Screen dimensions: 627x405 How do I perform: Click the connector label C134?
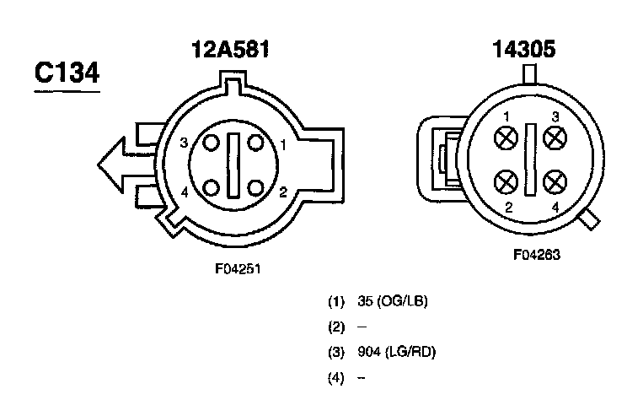pos(67,73)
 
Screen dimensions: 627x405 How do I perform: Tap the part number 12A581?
pos(231,49)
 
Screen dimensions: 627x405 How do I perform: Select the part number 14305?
pos(524,49)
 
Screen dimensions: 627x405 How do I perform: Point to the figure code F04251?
pos(238,268)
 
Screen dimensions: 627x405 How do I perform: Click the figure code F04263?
pos(537,255)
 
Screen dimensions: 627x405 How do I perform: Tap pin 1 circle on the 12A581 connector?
pos(255,143)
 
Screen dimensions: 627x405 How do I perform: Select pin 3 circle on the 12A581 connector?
pos(212,143)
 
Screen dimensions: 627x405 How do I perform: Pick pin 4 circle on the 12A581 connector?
pos(212,187)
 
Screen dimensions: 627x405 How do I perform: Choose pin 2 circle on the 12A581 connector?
pos(255,187)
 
